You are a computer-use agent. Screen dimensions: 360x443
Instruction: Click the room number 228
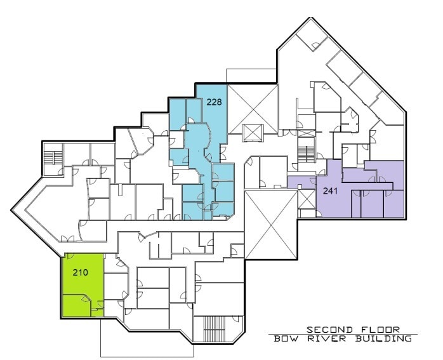(215, 101)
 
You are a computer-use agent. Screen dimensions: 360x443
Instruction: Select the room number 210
(80, 274)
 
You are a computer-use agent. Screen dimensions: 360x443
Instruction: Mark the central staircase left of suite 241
(307, 154)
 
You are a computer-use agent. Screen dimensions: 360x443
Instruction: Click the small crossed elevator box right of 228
(253, 132)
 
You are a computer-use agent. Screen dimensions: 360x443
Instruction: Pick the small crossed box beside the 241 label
(307, 199)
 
